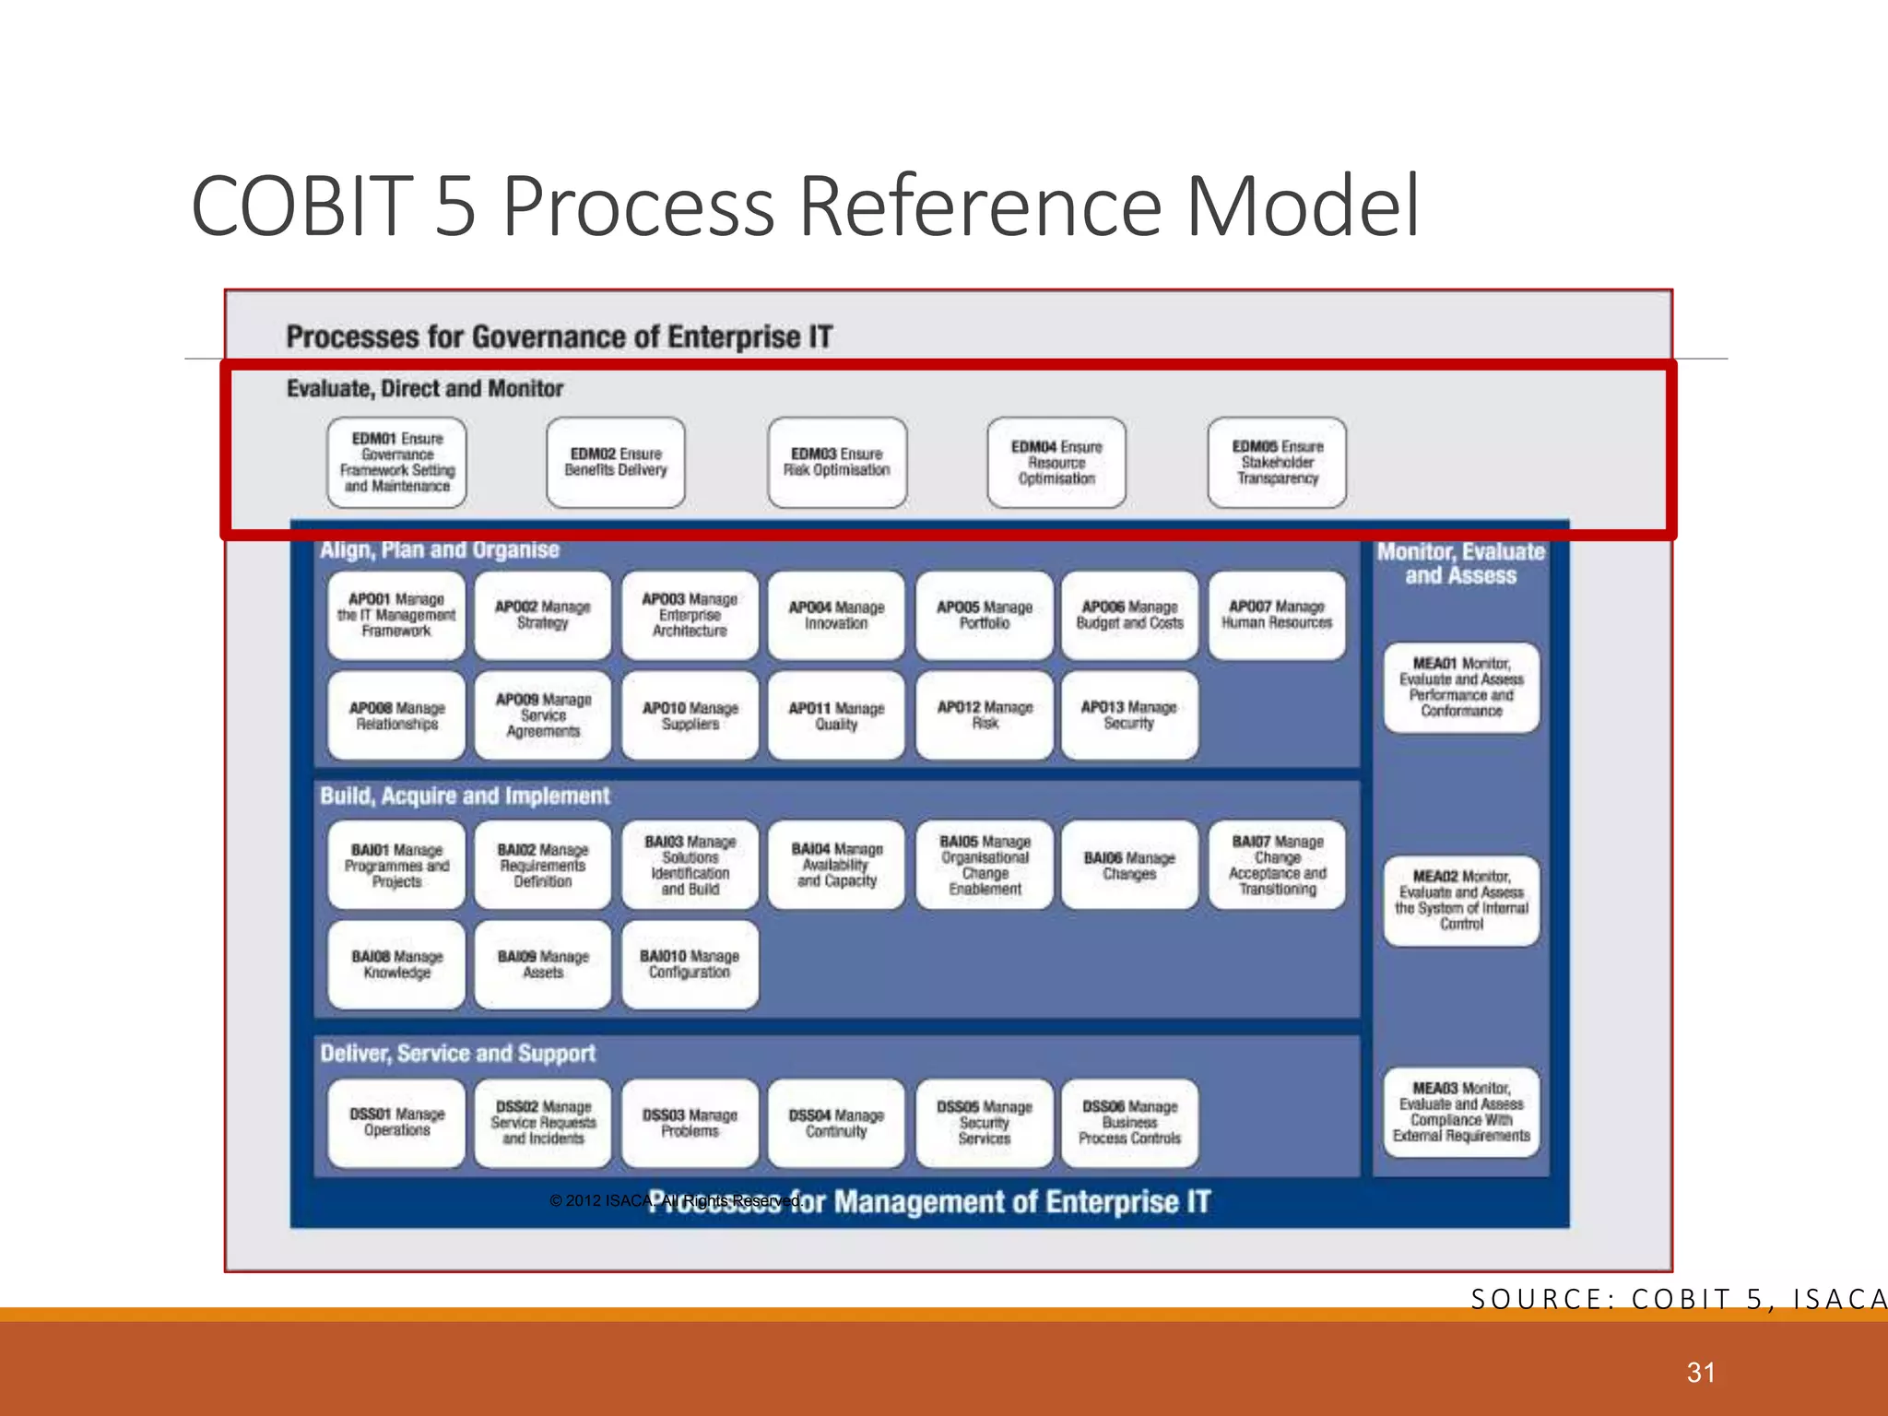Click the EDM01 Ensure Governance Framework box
click(x=396, y=462)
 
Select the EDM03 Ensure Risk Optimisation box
click(x=837, y=462)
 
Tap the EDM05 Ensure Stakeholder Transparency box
click(x=1277, y=462)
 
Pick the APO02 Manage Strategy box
click(x=543, y=615)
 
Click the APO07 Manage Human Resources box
click(x=1277, y=615)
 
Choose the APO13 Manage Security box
click(x=1129, y=715)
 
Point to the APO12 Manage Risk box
click(x=985, y=715)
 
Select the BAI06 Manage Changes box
click(x=1129, y=865)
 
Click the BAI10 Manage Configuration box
click(x=690, y=964)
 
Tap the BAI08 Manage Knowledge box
click(x=396, y=964)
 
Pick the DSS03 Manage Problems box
click(x=690, y=1123)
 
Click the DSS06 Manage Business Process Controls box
click(x=1129, y=1123)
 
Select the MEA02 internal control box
click(x=1461, y=901)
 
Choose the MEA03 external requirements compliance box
click(x=1461, y=1112)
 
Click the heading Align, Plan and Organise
click(x=440, y=549)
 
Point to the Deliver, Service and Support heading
click(x=457, y=1053)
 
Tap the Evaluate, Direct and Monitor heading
click(x=425, y=388)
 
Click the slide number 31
click(x=1701, y=1373)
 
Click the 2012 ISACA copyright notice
click(x=676, y=1200)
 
